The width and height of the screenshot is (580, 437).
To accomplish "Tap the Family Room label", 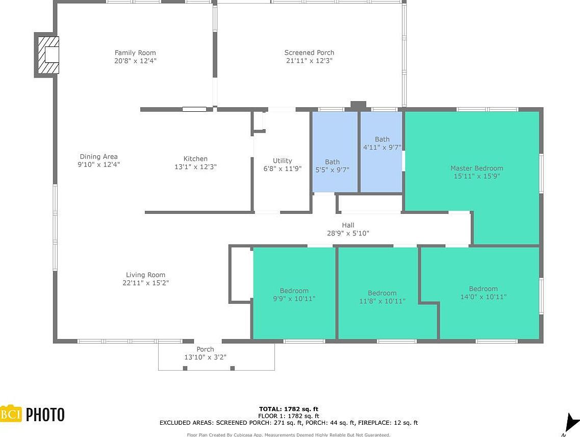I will coord(135,53).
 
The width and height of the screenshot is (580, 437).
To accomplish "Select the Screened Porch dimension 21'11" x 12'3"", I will coord(309,61).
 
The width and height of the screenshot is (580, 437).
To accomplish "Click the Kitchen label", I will coord(195,159).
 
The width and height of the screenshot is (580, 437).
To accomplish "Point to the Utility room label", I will coord(282,160).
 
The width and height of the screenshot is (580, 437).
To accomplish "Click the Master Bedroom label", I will coord(476,168).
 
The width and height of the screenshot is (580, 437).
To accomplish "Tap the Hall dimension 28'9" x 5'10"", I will coord(348,233).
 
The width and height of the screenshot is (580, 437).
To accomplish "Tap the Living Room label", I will coord(146,275).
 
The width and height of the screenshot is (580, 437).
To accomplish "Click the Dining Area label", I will coord(98,157).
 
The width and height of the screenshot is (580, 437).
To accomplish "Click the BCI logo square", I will coord(11,414).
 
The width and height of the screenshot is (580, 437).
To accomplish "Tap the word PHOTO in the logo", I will coord(45,415).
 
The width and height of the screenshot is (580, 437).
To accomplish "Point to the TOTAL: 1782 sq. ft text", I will coord(288,409).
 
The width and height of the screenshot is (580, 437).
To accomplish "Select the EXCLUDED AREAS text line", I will coord(288,423).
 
